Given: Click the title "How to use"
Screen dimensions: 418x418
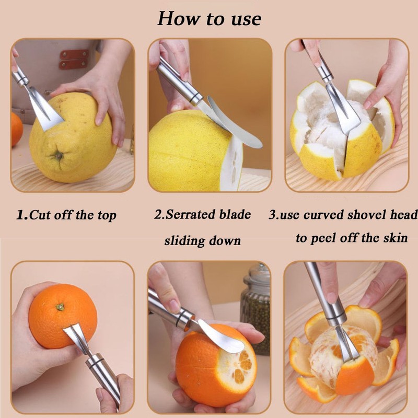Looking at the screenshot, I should click(x=209, y=19).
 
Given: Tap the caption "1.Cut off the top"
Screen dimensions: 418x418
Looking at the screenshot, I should click(x=66, y=215).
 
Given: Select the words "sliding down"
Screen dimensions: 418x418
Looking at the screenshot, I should click(x=203, y=241).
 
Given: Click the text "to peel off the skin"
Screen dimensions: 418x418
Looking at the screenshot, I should click(x=352, y=238).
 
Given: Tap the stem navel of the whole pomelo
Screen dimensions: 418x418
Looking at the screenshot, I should click(x=59, y=155).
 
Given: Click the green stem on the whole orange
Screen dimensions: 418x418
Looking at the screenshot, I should click(x=61, y=307).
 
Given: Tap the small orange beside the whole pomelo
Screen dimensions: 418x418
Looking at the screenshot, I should click(x=16, y=128).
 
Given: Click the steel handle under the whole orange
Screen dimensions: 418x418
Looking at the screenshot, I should click(x=104, y=376).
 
